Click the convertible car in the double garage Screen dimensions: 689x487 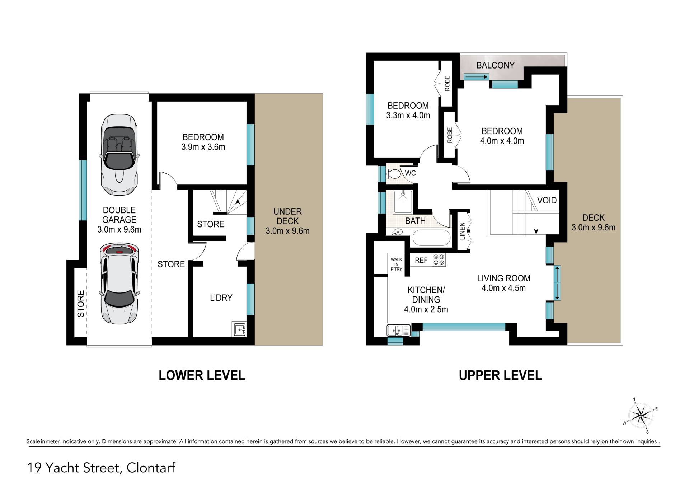point(119,155)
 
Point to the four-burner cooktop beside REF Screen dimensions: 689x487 point(439,260)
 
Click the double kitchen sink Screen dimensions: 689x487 point(399,330)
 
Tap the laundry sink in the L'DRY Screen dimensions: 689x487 point(239,329)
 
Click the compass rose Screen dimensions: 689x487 point(641,416)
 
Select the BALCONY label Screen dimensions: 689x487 point(495,65)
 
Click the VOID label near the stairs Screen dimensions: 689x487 point(547,200)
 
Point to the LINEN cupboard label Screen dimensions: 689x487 point(462,231)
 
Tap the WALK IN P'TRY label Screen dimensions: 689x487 point(397,264)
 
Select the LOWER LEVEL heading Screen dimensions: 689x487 point(202,375)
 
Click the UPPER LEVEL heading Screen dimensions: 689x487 point(500,375)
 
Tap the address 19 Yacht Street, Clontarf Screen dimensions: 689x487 point(101,468)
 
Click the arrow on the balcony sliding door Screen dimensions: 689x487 point(476,76)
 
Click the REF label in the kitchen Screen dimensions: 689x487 point(421,260)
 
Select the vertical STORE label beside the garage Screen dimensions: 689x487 point(81,304)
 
